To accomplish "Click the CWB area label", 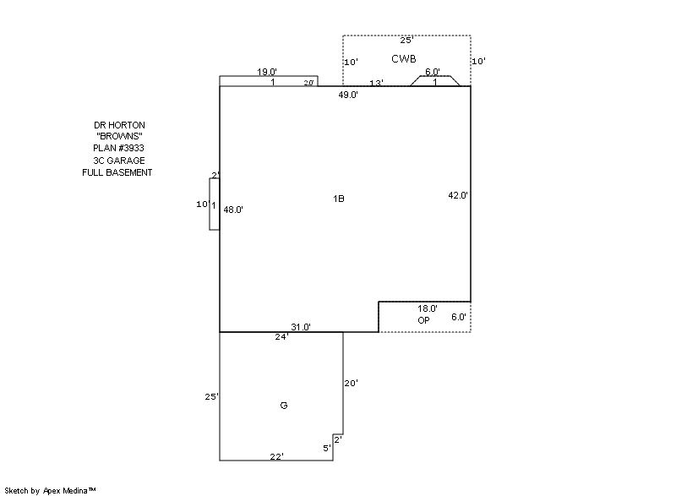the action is [x=404, y=58].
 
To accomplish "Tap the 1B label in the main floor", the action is [x=339, y=199].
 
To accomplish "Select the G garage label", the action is [x=284, y=406].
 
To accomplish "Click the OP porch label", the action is [x=424, y=320].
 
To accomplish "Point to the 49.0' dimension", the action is [x=348, y=95].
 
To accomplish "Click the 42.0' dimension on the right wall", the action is [x=458, y=195].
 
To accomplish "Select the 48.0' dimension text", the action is [x=233, y=210].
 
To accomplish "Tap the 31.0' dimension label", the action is [x=301, y=327].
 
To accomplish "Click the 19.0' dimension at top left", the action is [x=267, y=72].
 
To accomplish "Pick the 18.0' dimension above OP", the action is [x=428, y=308].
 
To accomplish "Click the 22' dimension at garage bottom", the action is [x=277, y=456].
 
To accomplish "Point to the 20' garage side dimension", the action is [x=351, y=383].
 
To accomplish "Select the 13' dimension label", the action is [x=376, y=83].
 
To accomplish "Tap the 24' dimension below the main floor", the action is [x=282, y=337].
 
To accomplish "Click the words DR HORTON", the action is [x=119, y=125].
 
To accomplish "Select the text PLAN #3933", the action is [x=118, y=148].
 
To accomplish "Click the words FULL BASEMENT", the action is [x=117, y=172].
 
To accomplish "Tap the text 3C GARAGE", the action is [x=119, y=161].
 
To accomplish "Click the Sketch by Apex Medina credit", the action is [x=50, y=490].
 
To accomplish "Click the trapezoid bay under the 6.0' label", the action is [x=434, y=81].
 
